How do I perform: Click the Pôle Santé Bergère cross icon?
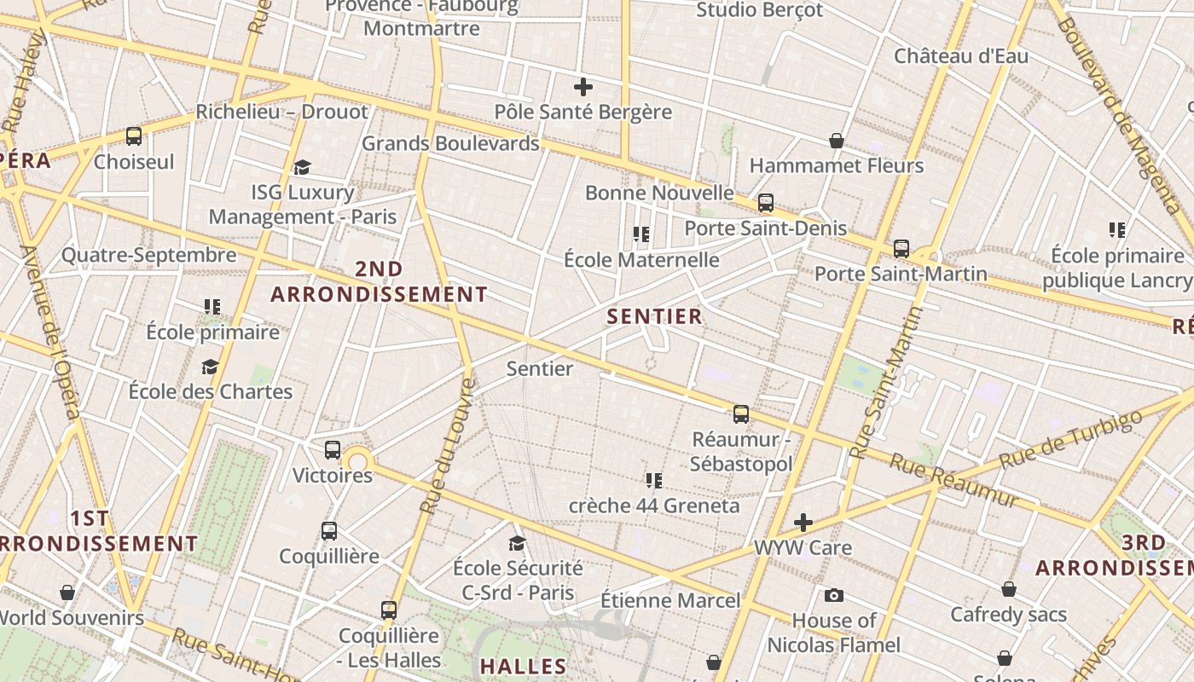(x=583, y=87)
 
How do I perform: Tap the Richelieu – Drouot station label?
(x=281, y=112)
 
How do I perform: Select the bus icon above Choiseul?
(x=134, y=136)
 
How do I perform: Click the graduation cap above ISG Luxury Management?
(x=302, y=167)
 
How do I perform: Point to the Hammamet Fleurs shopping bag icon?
(x=837, y=141)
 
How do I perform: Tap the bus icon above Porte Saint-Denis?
(x=766, y=203)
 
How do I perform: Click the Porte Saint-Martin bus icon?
(x=901, y=249)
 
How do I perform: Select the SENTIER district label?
(x=654, y=317)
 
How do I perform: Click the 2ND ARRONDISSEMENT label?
(x=379, y=282)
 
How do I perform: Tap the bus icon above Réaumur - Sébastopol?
(x=741, y=414)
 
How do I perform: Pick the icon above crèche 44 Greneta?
(x=654, y=481)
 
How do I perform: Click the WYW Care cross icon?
(x=803, y=523)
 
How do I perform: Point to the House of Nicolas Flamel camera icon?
(x=834, y=596)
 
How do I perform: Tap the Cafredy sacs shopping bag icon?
(x=1009, y=589)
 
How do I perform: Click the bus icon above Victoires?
(x=333, y=450)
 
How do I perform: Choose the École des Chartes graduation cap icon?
(x=210, y=367)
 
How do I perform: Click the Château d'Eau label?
(x=961, y=56)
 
